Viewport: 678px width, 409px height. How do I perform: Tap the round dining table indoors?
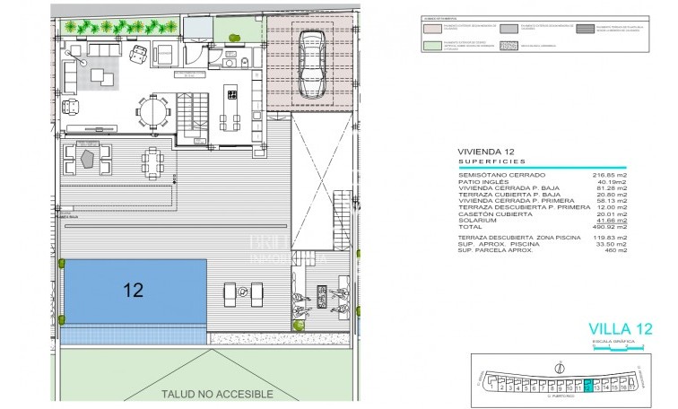point(152,112)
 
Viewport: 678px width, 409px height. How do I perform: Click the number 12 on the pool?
point(133,290)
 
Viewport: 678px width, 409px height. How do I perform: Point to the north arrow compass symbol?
point(560,367)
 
